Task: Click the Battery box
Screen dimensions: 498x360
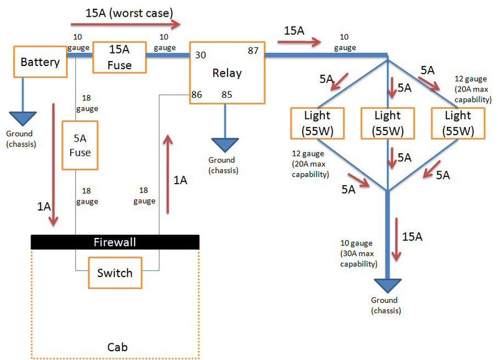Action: (41, 62)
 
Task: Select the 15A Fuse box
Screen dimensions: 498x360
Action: (120, 57)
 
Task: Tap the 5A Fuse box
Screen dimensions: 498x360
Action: (80, 145)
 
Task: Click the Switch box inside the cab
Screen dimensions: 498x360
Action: (115, 273)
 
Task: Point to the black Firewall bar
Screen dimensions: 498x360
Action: (115, 242)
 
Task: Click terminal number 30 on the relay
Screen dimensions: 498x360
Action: (201, 55)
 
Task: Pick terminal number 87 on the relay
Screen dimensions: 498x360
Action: (253, 51)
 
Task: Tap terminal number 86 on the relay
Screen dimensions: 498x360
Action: (196, 95)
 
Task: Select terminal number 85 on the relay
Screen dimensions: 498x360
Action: (227, 95)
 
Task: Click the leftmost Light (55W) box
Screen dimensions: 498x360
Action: (317, 123)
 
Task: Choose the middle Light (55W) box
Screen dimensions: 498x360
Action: (388, 123)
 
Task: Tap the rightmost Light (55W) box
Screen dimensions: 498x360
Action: (458, 123)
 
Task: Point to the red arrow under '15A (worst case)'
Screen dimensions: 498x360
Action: (125, 24)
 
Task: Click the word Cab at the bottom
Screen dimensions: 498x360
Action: (118, 347)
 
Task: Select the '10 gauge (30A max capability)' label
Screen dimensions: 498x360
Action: (358, 253)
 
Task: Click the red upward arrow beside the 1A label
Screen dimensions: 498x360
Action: (168, 174)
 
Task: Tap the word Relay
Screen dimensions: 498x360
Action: (227, 73)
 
